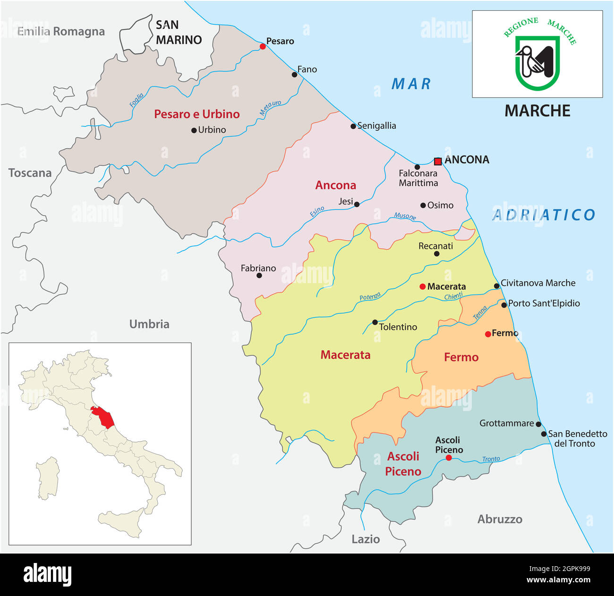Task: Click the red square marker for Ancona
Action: [438, 161]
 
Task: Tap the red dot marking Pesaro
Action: [263, 46]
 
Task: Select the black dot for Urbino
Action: [194, 130]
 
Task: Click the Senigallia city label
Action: [376, 126]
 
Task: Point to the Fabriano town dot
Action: [259, 275]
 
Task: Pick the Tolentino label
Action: [398, 327]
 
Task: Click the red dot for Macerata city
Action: [422, 286]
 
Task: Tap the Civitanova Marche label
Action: [538, 283]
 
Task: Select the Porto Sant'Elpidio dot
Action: [504, 305]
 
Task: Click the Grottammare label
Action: [506, 423]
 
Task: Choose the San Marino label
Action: [179, 33]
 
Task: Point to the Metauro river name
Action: [270, 108]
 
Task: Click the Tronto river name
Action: [491, 459]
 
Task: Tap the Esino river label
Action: [317, 211]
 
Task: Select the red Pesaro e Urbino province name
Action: [197, 114]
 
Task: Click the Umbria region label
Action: [149, 324]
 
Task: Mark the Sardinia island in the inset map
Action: [49, 478]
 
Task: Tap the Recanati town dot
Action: [436, 254]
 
